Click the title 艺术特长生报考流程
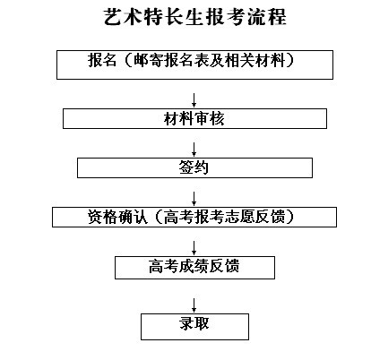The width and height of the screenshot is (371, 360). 194,17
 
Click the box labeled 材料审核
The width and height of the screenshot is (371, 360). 194,118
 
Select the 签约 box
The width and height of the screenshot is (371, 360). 194,167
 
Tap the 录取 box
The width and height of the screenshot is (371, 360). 194,327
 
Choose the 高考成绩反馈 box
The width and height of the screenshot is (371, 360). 194,268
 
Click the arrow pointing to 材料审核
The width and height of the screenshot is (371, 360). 194,100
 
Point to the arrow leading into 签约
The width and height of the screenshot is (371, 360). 194,150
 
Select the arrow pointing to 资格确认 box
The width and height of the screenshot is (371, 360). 194,199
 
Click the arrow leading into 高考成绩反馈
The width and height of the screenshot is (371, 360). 194,248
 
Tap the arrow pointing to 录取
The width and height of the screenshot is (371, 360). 194,305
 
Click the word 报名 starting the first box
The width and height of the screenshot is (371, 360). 102,60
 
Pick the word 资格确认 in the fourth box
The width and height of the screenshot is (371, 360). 117,217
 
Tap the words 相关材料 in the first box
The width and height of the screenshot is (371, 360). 255,60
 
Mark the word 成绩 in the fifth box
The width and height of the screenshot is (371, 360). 194,266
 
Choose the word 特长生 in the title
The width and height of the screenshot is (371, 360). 174,17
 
